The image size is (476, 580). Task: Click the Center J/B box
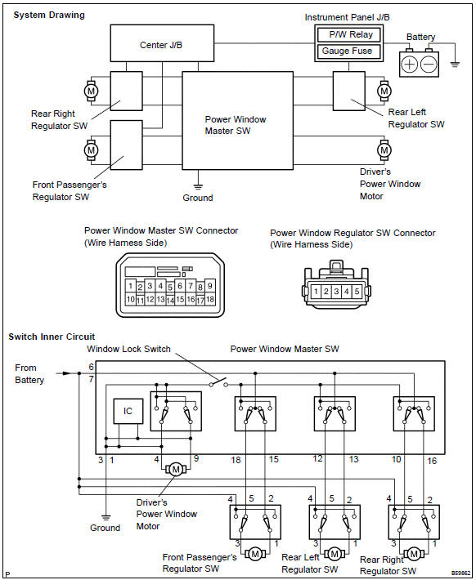tap(162, 43)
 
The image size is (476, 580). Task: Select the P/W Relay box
tap(349, 35)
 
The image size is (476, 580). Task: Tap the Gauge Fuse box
tap(349, 51)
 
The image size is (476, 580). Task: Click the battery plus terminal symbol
tap(409, 65)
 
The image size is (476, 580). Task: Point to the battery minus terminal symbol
tap(429, 65)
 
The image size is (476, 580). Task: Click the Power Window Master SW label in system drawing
tap(236, 125)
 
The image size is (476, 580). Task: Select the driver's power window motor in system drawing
tap(384, 150)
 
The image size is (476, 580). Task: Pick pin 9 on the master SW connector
tap(209, 286)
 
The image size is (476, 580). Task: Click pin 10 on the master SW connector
tap(130, 299)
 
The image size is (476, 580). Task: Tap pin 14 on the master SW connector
tap(170, 301)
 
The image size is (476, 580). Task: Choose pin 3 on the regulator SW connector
tap(336, 292)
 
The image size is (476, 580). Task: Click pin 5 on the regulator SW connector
tap(357, 292)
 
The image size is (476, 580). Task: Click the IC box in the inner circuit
tap(128, 411)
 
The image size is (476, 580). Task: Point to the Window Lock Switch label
tap(128, 349)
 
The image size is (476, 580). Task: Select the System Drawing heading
tap(49, 16)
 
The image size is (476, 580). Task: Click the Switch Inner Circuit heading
tap(52, 337)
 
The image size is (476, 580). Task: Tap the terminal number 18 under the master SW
tap(236, 460)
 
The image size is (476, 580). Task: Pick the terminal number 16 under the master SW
tap(432, 461)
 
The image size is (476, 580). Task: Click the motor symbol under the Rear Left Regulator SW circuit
tap(335, 554)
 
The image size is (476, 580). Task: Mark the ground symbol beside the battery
tap(455, 64)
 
